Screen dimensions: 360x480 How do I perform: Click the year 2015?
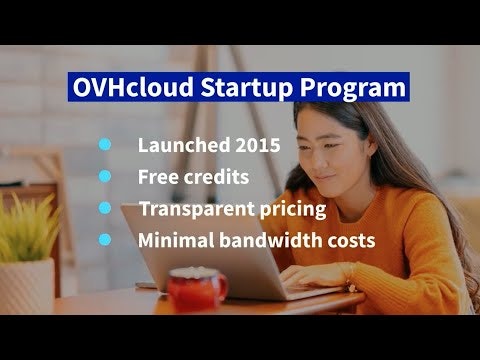[253, 145]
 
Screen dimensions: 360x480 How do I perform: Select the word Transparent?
[190, 210]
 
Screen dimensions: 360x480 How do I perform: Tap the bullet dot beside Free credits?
[104, 177]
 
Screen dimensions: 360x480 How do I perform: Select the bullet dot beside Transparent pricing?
[104, 209]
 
